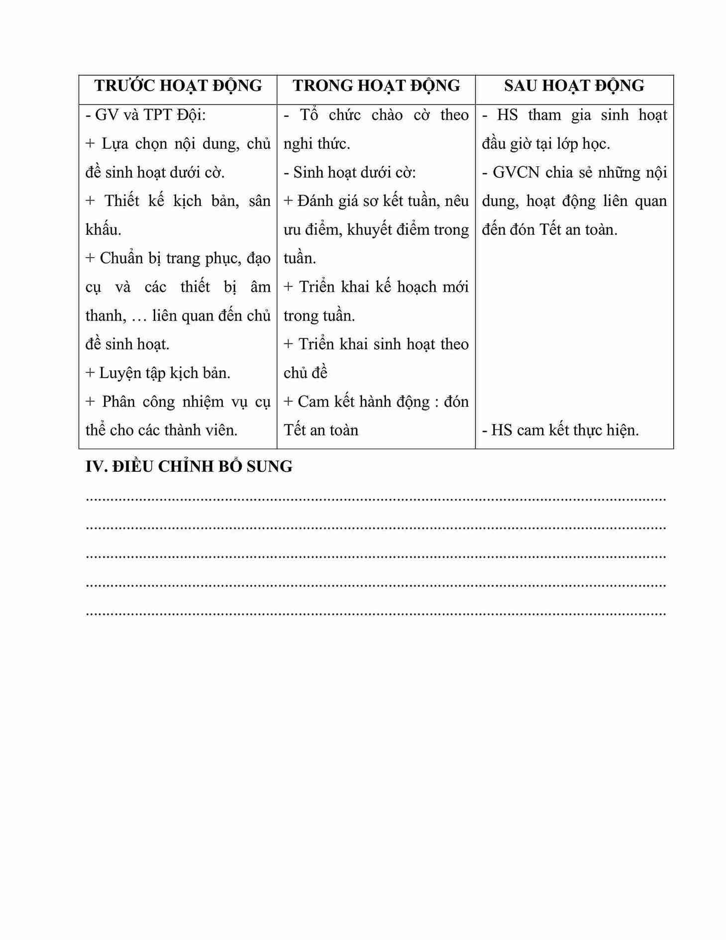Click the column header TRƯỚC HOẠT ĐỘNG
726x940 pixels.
[x=178, y=86]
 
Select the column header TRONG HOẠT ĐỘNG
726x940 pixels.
[x=376, y=86]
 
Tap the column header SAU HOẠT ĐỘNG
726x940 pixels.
[x=574, y=86]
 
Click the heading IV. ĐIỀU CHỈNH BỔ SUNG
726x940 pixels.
[x=189, y=467]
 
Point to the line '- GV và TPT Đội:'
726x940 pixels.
[x=145, y=115]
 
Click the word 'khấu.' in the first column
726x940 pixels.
[x=103, y=230]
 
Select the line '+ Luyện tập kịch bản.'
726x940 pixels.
[x=158, y=373]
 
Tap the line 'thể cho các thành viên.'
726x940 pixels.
[x=161, y=430]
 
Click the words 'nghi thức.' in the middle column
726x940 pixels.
[x=316, y=144]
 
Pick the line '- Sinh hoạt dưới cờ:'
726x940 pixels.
[x=349, y=173]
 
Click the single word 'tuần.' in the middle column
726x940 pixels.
[x=300, y=259]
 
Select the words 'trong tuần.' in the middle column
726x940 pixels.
[x=319, y=316]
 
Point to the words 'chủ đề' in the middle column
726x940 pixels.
[x=305, y=373]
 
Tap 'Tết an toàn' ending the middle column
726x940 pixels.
[x=321, y=430]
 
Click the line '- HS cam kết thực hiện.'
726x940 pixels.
[x=560, y=430]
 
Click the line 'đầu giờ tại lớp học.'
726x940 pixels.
[x=545, y=144]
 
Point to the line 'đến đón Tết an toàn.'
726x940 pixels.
[x=549, y=230]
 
